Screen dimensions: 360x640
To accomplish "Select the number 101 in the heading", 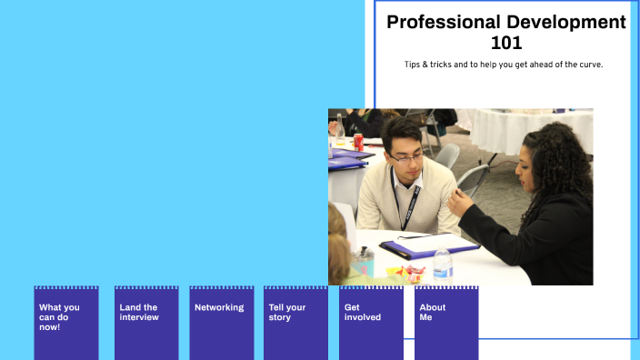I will point(505,43).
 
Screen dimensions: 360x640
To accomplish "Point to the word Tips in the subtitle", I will point(414,65).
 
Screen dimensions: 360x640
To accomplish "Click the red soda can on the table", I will point(358,142).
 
